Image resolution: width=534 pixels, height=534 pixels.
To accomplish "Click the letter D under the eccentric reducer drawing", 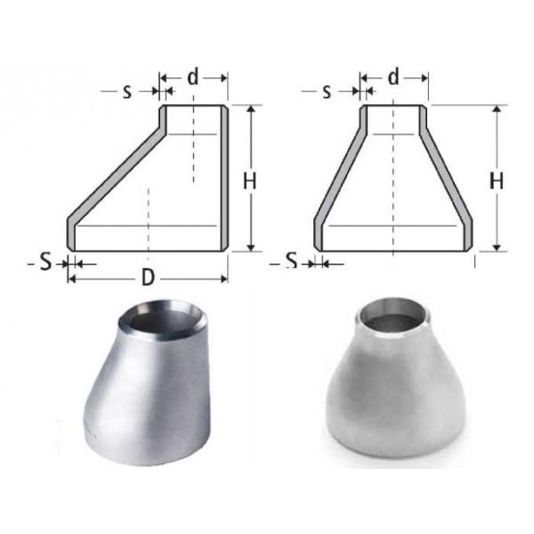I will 149,278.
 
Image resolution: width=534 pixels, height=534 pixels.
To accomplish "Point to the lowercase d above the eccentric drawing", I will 193,77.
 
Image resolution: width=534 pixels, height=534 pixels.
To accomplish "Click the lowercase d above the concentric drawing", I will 393,77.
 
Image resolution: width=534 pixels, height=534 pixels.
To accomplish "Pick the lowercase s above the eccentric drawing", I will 126,92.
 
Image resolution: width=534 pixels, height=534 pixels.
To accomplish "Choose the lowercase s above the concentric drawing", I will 327,92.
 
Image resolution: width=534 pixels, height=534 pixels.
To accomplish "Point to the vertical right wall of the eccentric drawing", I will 223,178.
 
